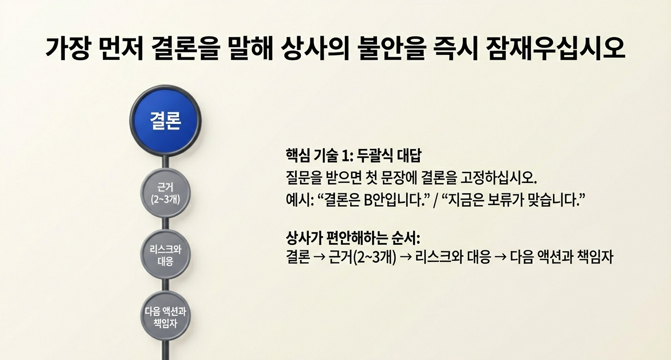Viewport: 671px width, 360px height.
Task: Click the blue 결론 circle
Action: pos(165,122)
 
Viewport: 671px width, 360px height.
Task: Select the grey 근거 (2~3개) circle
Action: pos(165,192)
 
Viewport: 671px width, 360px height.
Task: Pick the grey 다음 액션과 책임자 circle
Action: pos(165,317)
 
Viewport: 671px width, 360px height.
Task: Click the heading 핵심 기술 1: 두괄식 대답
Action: pos(354,156)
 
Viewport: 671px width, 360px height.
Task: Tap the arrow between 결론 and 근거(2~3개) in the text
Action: pos(318,258)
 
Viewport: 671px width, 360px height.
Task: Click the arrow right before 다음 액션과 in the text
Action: pos(500,258)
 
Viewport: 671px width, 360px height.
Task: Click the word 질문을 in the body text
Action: pos(301,177)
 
